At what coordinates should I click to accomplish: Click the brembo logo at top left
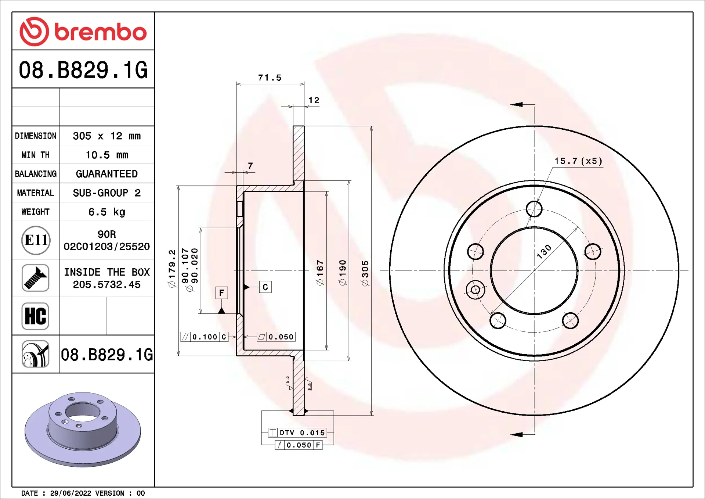[x=83, y=32]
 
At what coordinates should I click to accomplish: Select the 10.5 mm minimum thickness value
[x=107, y=155]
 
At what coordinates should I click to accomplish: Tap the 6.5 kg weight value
[x=107, y=212]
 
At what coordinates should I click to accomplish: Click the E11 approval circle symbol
[x=36, y=240]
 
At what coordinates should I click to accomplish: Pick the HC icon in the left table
[x=35, y=316]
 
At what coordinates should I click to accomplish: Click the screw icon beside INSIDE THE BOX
[x=35, y=278]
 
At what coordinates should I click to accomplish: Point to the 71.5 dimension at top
[x=270, y=78]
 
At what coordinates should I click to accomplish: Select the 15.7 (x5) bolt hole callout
[x=578, y=161]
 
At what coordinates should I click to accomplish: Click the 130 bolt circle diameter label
[x=544, y=252]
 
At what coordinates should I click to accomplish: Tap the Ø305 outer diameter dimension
[x=365, y=273]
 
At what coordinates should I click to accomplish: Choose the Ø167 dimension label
[x=320, y=272]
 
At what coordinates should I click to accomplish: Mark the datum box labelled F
[x=221, y=293]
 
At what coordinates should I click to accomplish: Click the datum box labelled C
[x=265, y=287]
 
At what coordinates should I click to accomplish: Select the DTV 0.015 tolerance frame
[x=297, y=433]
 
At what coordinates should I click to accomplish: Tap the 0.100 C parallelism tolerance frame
[x=205, y=337]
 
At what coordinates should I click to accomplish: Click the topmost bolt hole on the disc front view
[x=534, y=209]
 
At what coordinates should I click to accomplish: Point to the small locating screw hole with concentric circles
[x=476, y=290]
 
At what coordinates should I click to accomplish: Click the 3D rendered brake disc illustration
[x=83, y=429]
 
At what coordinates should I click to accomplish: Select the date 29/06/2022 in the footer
[x=70, y=493]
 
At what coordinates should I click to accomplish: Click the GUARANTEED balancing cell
[x=107, y=174]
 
